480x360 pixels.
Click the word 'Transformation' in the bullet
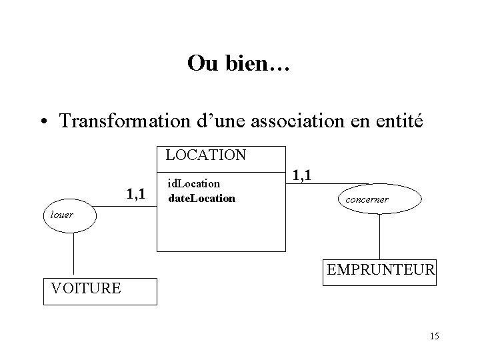coord(121,122)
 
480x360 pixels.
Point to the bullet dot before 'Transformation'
coord(43,123)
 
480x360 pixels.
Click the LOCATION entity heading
coord(206,155)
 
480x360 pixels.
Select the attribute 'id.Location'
coord(194,182)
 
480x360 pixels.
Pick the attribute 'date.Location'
coord(201,198)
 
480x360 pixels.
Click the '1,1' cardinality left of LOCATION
coord(136,195)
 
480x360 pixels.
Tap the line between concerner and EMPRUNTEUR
coord(379,236)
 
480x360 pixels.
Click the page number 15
coord(435,336)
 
